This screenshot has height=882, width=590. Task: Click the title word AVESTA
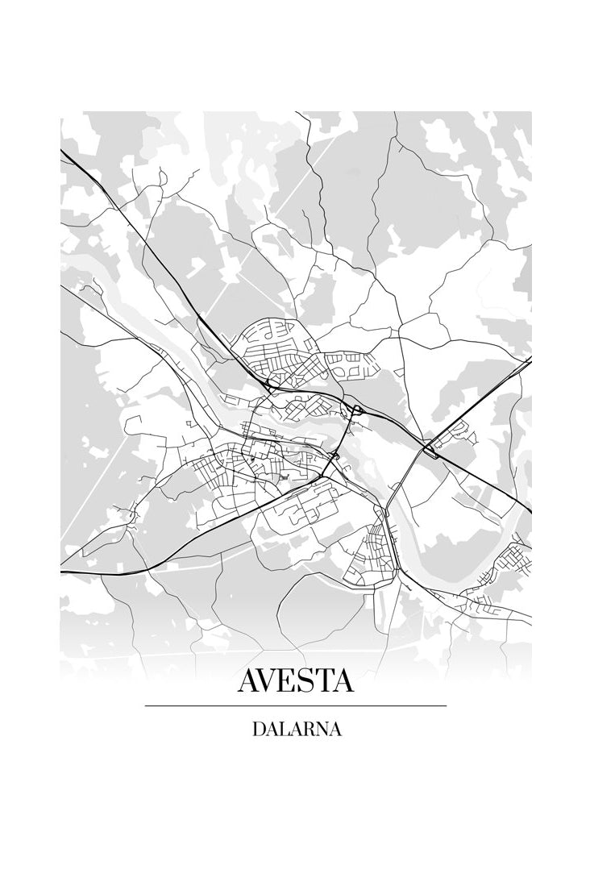[x=295, y=680]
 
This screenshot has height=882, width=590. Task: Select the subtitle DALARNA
[x=296, y=730]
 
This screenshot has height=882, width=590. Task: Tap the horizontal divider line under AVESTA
[x=295, y=706]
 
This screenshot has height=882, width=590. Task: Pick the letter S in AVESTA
[x=306, y=680]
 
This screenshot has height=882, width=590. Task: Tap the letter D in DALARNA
[x=259, y=730]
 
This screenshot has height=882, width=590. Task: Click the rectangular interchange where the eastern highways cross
[x=431, y=447]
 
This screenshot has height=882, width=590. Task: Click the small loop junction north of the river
[x=355, y=412]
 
